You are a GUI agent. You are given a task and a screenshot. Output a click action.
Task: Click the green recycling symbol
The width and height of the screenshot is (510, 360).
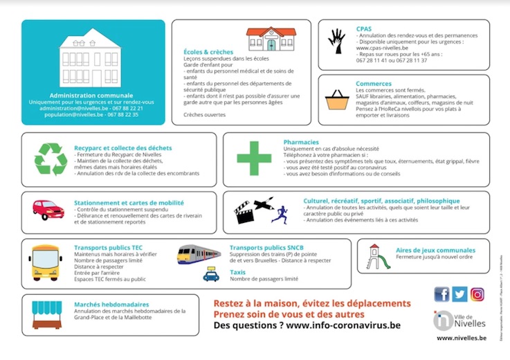coord(51,159)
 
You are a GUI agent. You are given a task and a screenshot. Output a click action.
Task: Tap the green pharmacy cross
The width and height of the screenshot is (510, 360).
coord(250,158)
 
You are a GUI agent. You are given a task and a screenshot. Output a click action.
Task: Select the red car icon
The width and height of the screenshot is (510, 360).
coord(48,209)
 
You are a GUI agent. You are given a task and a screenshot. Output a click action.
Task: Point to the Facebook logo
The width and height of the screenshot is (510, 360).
coord(441,294)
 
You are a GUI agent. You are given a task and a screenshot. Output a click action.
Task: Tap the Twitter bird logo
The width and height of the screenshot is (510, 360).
coord(459,294)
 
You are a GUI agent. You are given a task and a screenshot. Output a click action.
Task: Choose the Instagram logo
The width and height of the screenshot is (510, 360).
coord(477,294)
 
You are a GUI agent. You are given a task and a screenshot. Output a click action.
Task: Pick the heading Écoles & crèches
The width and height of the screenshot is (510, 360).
coord(208,52)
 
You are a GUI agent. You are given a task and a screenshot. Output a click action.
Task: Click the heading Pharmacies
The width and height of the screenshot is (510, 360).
coord(301,142)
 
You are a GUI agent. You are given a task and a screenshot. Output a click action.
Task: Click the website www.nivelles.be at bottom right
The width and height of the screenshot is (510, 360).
coord(460,339)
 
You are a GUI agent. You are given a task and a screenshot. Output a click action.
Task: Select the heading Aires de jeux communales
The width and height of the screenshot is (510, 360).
coord(435,250)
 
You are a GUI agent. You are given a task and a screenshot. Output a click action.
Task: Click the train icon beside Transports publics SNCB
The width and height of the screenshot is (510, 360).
coord(199,254)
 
